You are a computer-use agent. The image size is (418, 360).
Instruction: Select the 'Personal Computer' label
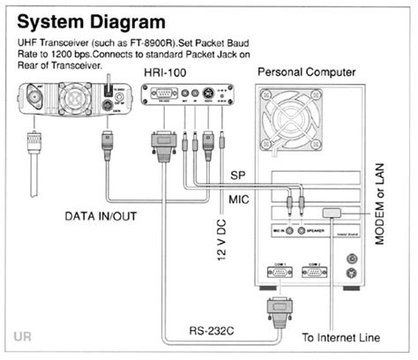coord(308,71)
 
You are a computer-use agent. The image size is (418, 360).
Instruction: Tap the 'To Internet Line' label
coord(341,336)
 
